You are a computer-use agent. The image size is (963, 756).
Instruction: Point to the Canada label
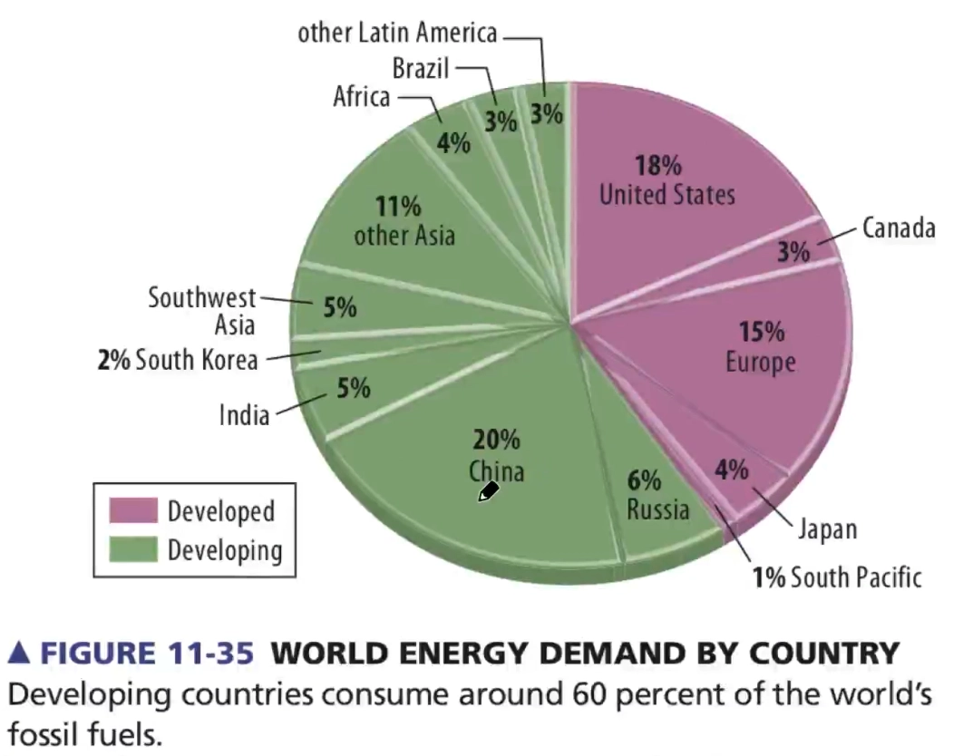click(x=898, y=228)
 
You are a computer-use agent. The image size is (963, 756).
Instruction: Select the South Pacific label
click(x=855, y=577)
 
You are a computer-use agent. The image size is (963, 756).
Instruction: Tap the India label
click(x=244, y=415)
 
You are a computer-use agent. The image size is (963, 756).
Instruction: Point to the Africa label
click(x=361, y=96)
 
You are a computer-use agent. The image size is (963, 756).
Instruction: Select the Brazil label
click(x=421, y=67)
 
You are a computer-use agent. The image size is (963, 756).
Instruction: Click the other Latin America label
click(x=397, y=34)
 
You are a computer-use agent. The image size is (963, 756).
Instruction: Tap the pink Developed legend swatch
click(x=133, y=510)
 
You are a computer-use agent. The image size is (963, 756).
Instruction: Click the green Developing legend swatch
click(x=133, y=549)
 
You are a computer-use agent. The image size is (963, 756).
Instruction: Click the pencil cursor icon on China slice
click(x=489, y=491)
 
